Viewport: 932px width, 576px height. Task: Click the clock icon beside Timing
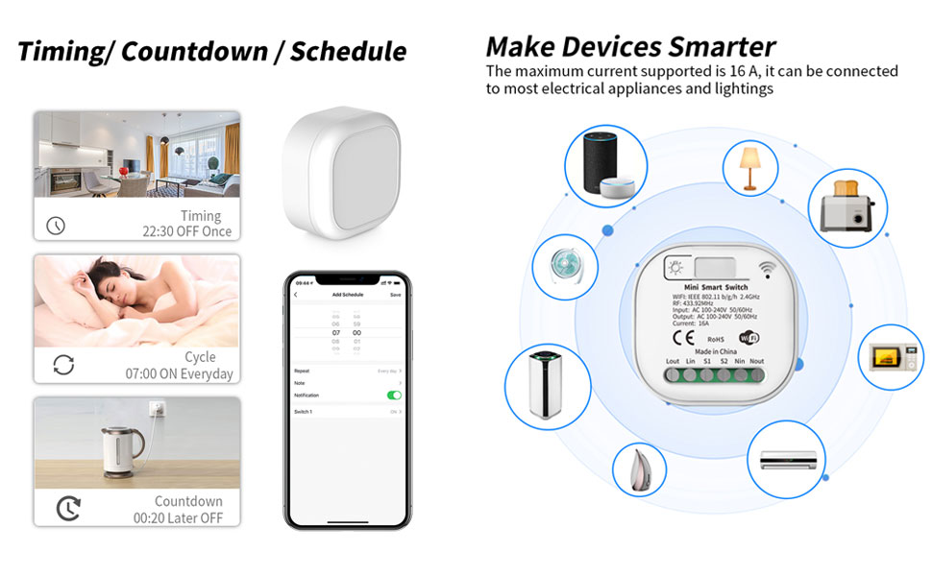pos(56,226)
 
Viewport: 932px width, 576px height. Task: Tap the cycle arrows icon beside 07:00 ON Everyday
pos(63,365)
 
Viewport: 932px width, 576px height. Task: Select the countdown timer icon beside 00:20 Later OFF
pos(68,508)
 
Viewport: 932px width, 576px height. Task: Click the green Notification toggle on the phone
pos(394,395)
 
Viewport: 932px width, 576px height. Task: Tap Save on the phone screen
pos(395,295)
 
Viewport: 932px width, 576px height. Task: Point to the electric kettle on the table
pos(122,447)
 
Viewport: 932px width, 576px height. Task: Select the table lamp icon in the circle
pos(748,169)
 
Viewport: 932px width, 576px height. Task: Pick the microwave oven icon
pos(890,357)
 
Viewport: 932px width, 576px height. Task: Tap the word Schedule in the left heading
pos(349,52)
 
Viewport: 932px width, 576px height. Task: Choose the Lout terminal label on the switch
pos(674,362)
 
